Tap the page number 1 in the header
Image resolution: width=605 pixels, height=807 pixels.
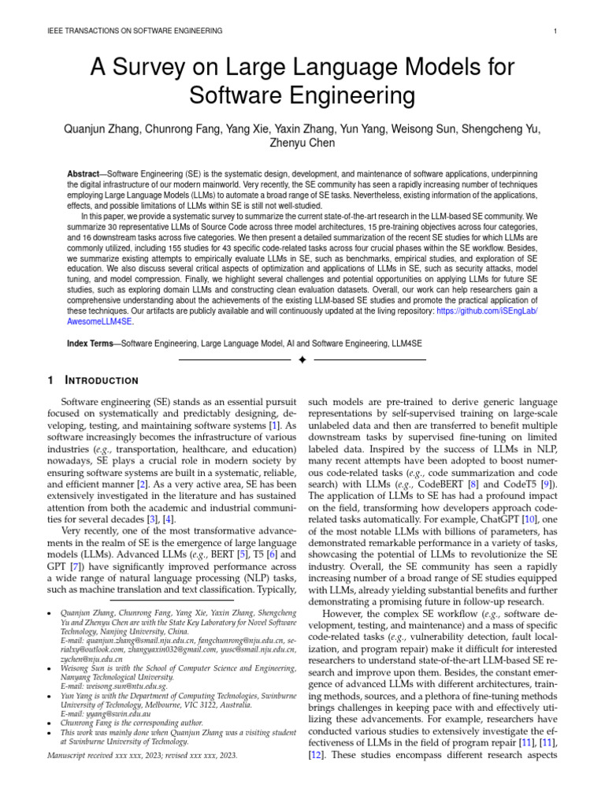pyautogui.click(x=555, y=31)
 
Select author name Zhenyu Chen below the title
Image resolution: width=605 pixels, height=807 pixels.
pyautogui.click(x=302, y=143)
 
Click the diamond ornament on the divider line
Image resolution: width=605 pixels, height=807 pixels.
pyautogui.click(x=302, y=360)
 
